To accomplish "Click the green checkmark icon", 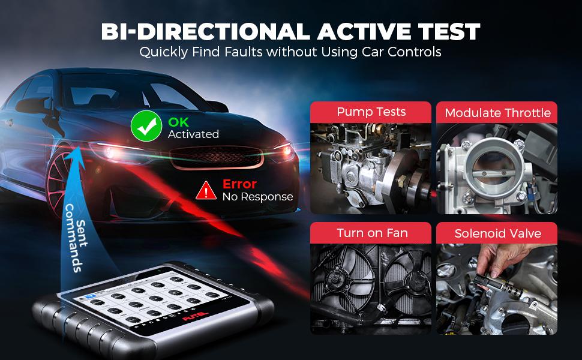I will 146,127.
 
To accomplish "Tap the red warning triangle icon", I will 206,190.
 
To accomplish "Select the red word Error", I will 239,184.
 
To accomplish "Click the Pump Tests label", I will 371,112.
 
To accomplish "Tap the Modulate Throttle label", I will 497,113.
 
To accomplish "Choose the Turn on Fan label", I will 371,233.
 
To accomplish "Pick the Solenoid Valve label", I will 497,233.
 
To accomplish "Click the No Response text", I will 257,196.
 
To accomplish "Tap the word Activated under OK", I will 193,134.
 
